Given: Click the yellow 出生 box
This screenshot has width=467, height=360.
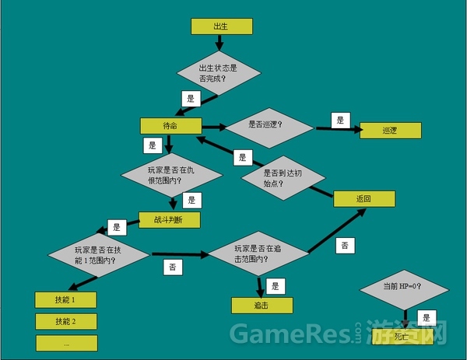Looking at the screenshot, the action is pos(221,26).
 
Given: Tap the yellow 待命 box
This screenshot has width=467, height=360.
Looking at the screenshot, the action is pos(170,125).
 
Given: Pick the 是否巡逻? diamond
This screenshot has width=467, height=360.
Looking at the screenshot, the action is pos(265,124).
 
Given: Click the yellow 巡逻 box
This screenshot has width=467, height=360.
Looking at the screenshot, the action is pos(390,131).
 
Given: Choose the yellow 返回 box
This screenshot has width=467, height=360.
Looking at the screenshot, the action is pos(364,198).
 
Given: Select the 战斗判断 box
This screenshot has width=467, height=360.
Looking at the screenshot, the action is pos(170,220).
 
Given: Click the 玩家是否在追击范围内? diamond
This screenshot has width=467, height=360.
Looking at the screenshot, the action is pos(258,253).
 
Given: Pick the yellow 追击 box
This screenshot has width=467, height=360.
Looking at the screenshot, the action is pos(262,306).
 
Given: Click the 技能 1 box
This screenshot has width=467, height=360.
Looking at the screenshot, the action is pos(65,299).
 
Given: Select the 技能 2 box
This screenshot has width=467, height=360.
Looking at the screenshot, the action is pos(65,321).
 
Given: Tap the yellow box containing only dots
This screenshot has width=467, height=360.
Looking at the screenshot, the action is pos(66,343).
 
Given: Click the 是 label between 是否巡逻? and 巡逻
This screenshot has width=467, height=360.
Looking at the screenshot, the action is pos(339,120).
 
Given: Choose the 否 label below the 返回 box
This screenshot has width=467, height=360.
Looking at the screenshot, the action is pos(344,246).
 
